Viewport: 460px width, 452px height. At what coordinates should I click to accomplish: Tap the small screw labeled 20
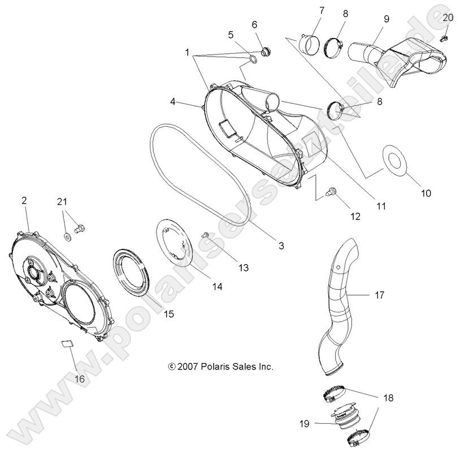[x=444, y=38]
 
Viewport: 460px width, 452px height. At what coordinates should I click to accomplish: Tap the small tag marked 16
[x=66, y=343]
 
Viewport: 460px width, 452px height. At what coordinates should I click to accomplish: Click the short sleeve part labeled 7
[x=309, y=42]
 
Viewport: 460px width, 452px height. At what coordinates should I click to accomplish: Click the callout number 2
[x=24, y=200]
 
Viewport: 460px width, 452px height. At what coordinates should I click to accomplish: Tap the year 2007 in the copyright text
[x=187, y=367]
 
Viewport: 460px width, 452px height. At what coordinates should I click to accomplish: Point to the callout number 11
[x=381, y=206]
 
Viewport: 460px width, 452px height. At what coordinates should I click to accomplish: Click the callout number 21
[x=62, y=201]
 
